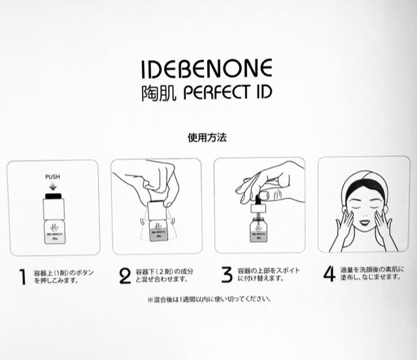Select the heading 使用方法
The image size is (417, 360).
(207, 138)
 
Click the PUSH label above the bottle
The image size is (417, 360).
(53, 176)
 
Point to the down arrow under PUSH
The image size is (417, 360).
(53, 187)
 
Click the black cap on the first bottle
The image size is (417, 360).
(53, 195)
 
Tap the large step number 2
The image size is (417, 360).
(125, 276)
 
